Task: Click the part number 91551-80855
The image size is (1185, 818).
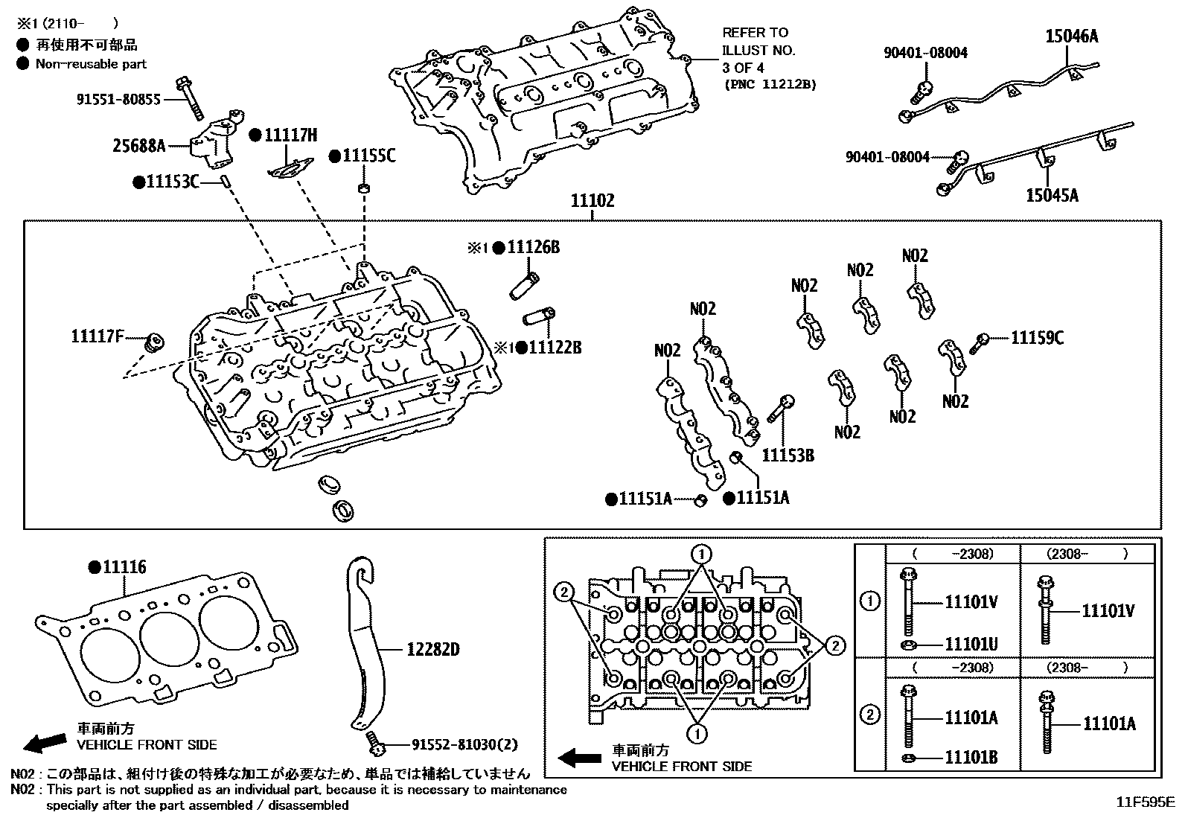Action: pos(118,98)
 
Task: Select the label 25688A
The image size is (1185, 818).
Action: pos(139,145)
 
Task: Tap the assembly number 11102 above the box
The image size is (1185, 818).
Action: pos(592,201)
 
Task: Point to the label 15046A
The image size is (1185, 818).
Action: pos(1071,36)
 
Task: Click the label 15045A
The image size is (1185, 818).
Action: pos(1051,195)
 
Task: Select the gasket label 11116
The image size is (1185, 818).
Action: pos(124,567)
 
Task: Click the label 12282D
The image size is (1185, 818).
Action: pos(432,650)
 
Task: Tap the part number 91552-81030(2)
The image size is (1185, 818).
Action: pos(465,744)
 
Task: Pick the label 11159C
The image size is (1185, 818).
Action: pos(1037,339)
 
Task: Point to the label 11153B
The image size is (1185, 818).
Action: pos(788,455)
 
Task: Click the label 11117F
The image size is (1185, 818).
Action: pos(97,336)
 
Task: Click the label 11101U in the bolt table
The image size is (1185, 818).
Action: pos(971,644)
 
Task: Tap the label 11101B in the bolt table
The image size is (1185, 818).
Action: pos(971,758)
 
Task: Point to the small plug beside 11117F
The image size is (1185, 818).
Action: pos(154,343)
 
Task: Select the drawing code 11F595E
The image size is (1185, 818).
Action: pos(1144,802)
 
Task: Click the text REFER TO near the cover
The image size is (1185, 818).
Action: pos(755,33)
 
